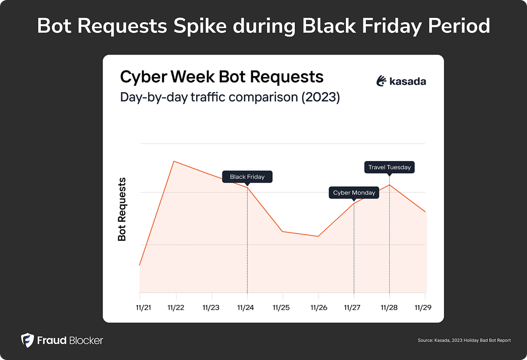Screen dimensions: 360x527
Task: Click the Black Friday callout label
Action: tap(247, 177)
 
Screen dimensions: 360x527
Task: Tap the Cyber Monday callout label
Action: tap(354, 193)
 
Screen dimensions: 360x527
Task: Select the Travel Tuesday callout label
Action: tap(390, 167)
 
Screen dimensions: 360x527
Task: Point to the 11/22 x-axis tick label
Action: tap(176, 308)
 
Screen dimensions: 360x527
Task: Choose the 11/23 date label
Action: tap(211, 308)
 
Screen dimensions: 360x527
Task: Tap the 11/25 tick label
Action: tap(282, 308)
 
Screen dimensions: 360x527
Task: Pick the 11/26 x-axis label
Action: tap(318, 308)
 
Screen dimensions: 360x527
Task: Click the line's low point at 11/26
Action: tap(319, 237)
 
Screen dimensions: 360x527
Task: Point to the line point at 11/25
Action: tap(282, 231)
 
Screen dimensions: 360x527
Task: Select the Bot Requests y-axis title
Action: tap(122, 209)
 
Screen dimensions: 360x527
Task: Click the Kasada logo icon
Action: tap(381, 81)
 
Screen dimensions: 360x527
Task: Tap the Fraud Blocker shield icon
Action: tap(27, 340)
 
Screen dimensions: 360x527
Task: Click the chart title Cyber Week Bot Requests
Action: tap(222, 77)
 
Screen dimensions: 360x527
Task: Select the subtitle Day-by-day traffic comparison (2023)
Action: tap(230, 97)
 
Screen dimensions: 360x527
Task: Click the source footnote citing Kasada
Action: tap(463, 340)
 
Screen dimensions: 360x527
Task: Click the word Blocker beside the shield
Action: tap(83, 340)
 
